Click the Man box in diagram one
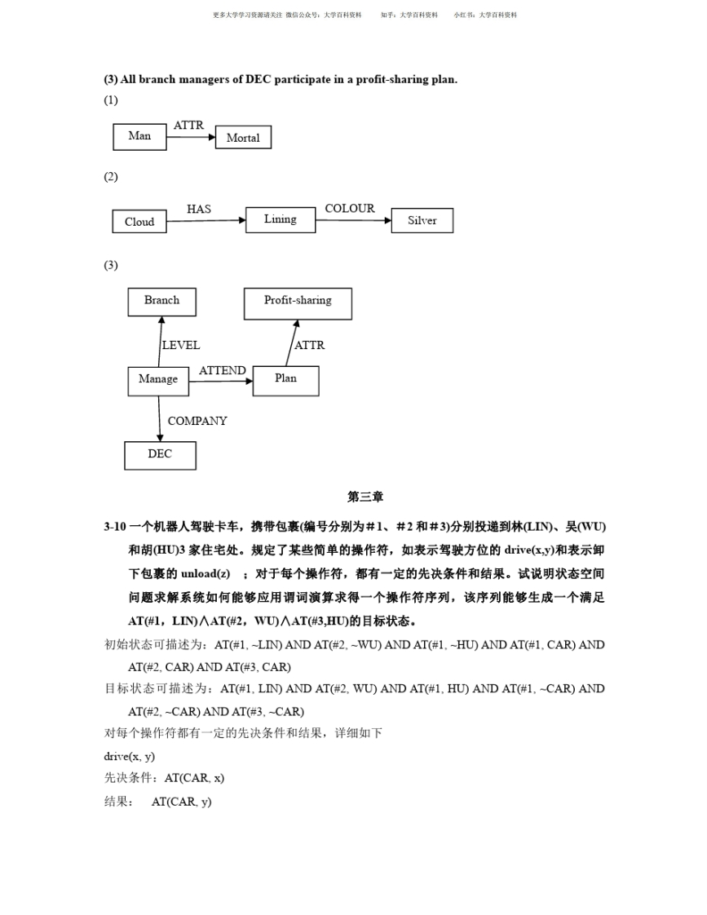(139, 137)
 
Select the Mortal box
(243, 138)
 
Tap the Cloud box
(139, 221)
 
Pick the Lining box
(281, 219)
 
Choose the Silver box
(422, 220)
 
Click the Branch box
(161, 301)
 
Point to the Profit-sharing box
(298, 302)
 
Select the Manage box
(158, 380)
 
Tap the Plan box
(285, 380)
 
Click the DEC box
(160, 455)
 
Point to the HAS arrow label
(198, 210)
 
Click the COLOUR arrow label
(349, 209)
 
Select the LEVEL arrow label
(180, 346)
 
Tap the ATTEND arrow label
(222, 371)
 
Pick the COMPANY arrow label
(197, 422)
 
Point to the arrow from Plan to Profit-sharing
(291, 343)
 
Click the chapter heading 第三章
(365, 497)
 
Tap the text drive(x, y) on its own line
(129, 756)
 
